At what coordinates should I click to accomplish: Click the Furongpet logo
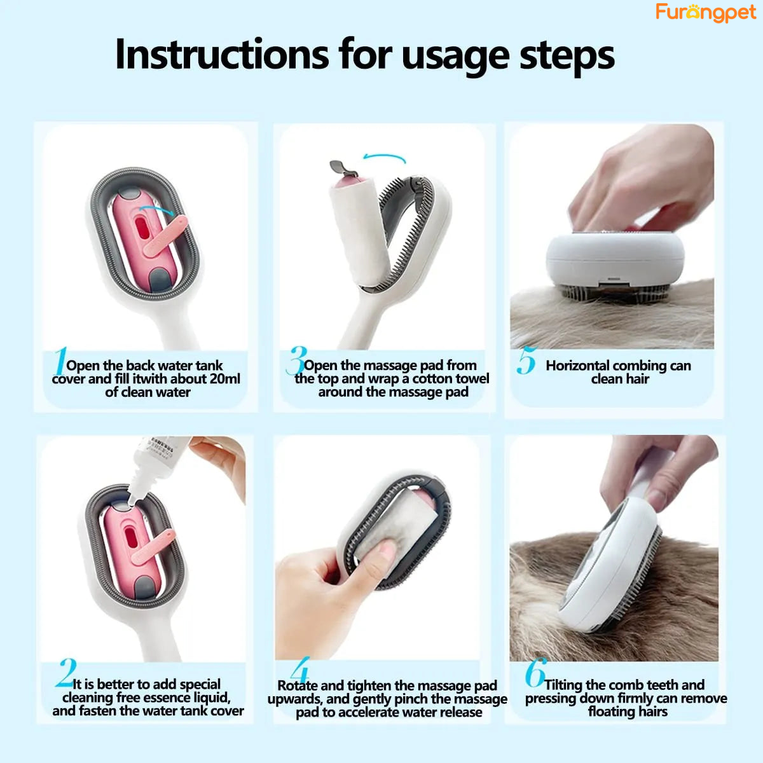click(x=706, y=12)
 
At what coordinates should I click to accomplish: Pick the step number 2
click(x=65, y=673)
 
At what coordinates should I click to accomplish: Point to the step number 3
click(x=296, y=361)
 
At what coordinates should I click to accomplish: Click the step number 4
click(x=299, y=670)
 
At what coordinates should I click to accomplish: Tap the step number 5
click(x=526, y=361)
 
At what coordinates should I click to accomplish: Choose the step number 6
click(x=535, y=672)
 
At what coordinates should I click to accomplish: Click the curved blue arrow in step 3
click(x=384, y=158)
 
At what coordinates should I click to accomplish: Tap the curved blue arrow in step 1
click(x=158, y=210)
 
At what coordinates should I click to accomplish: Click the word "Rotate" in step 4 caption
click(x=297, y=685)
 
